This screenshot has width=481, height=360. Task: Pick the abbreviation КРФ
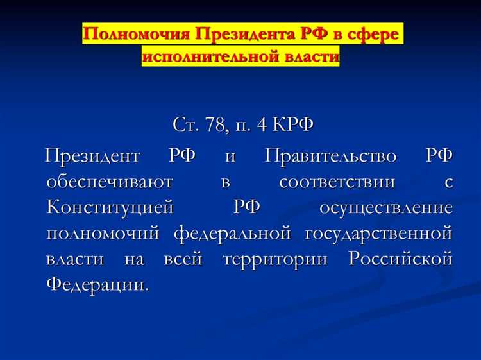(x=293, y=124)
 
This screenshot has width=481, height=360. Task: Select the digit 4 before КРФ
(x=261, y=124)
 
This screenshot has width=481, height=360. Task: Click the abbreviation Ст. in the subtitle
(x=184, y=124)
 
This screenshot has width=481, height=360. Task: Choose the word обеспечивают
(x=109, y=182)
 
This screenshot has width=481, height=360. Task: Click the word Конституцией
(x=110, y=207)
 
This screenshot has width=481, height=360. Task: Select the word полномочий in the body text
(x=103, y=233)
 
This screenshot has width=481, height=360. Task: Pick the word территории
(x=277, y=259)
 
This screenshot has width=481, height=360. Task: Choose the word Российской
(x=401, y=259)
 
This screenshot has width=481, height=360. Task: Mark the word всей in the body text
(x=183, y=259)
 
